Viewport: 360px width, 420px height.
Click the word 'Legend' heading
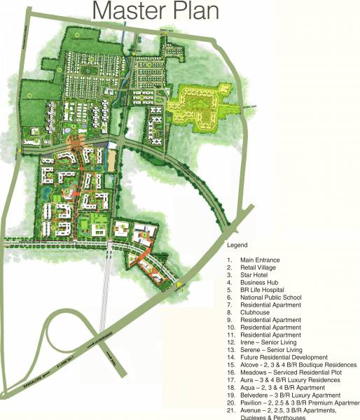(x=238, y=245)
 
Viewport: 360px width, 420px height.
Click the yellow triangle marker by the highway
(x=179, y=284)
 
